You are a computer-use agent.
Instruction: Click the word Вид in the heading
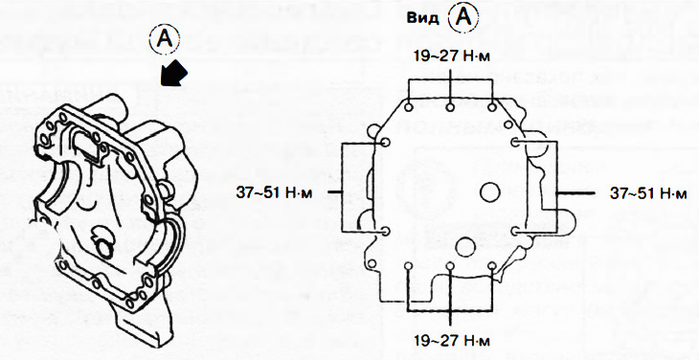tap(422, 19)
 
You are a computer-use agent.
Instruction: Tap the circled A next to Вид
tap(463, 18)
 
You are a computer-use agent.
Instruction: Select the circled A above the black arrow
tap(165, 39)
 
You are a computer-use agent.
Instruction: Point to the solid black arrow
tap(174, 72)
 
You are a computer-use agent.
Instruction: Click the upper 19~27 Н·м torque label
tap(452, 56)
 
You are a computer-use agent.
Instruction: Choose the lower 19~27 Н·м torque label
tap(452, 341)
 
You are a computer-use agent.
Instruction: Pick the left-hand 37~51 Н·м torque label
tap(275, 192)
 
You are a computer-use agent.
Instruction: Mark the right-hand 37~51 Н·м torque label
tap(648, 193)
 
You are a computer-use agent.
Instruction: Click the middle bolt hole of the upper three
tap(451, 107)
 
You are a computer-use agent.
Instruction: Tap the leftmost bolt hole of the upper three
tap(409, 107)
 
